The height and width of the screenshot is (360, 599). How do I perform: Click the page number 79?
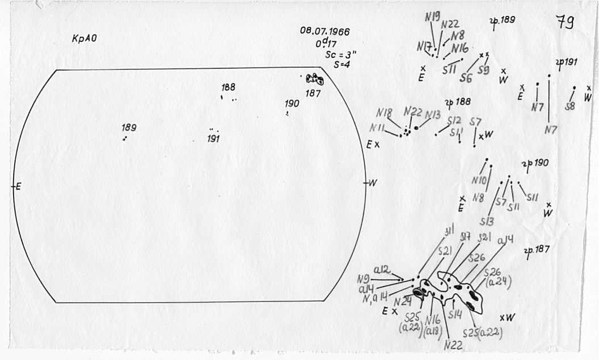[x=565, y=23]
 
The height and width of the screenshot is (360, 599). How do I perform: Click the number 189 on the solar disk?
[x=129, y=128]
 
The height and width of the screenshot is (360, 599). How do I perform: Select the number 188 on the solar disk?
[x=229, y=87]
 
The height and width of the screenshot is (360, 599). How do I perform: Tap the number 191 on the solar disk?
[x=213, y=139]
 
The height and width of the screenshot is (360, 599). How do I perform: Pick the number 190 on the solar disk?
[x=292, y=104]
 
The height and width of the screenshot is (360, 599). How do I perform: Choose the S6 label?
[x=466, y=78]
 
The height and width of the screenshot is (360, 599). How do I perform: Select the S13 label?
[x=487, y=221]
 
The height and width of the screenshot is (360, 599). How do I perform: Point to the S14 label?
[x=455, y=313]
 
